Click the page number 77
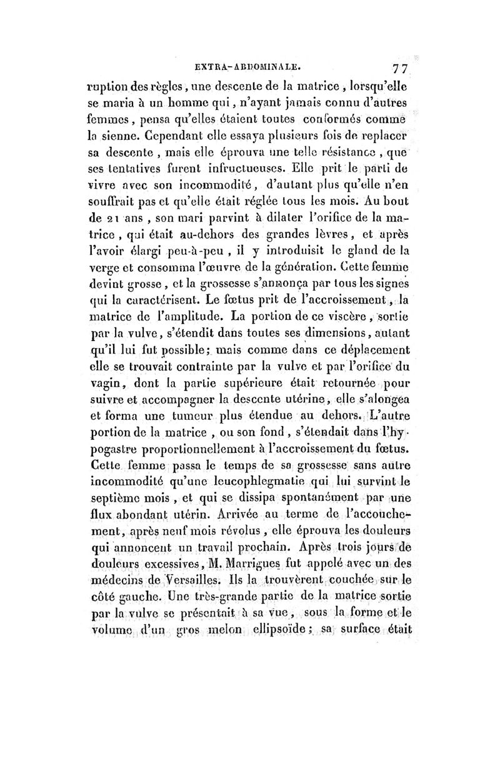point(397,68)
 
